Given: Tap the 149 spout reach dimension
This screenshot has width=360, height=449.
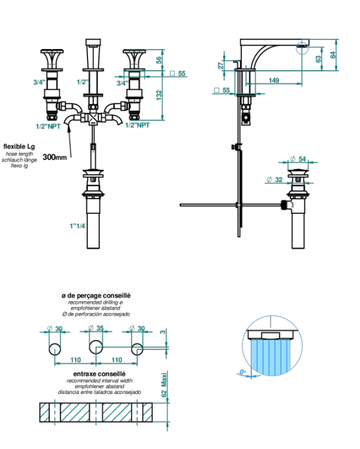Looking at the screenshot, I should pyautogui.click(x=273, y=80).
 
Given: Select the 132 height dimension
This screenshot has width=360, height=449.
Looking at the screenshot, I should pyautogui.click(x=159, y=96).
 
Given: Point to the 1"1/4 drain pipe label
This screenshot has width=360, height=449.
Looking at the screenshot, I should pyautogui.click(x=77, y=226).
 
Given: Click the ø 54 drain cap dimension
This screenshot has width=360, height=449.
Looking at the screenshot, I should pyautogui.click(x=298, y=159).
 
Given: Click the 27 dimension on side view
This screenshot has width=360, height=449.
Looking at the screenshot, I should pyautogui.click(x=221, y=65).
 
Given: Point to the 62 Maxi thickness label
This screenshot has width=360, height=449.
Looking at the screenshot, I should pyautogui.click(x=164, y=386).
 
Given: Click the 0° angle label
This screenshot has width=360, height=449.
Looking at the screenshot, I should pyautogui.click(x=242, y=372).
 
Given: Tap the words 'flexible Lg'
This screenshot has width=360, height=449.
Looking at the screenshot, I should pyautogui.click(x=19, y=146).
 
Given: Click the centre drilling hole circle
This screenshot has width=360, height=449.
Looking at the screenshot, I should pyautogui.click(x=96, y=348).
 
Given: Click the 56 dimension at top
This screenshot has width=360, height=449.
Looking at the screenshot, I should pyautogui.click(x=159, y=60).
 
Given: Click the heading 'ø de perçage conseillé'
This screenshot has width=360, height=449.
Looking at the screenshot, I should pyautogui.click(x=96, y=296).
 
